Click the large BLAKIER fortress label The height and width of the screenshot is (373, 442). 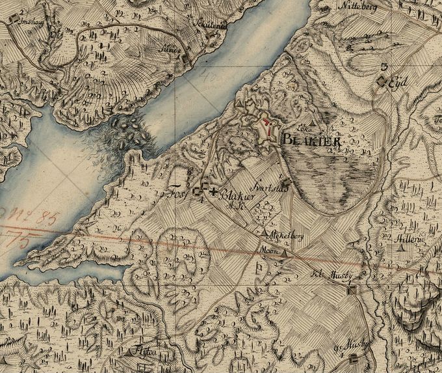(310, 138)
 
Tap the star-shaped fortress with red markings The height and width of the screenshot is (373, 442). (266, 127)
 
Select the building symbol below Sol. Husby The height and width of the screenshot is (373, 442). (351, 290)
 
